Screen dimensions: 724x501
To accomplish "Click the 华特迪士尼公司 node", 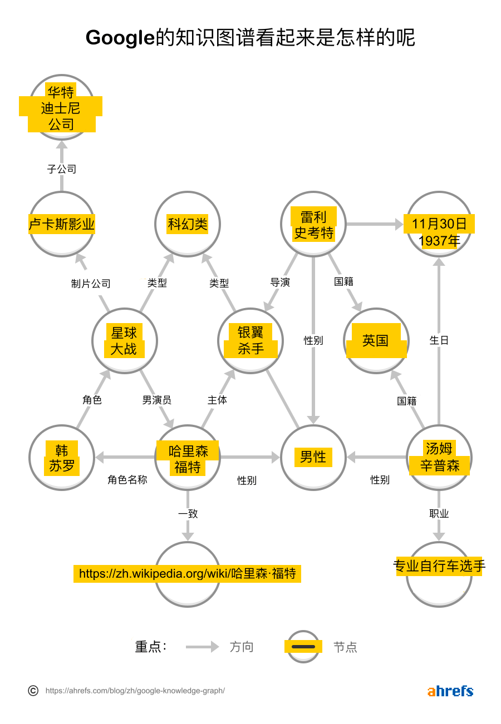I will [x=61, y=107].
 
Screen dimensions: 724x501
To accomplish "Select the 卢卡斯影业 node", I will [x=61, y=224].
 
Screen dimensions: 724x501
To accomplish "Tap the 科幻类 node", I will [x=188, y=224].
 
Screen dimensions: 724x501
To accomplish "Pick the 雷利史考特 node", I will [x=313, y=224].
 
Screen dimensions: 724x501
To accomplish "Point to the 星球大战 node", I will [x=124, y=340].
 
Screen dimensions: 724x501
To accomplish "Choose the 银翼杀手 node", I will [x=250, y=340].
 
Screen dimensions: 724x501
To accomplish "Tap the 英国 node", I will [x=376, y=340].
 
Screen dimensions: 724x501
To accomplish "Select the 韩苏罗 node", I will [x=61, y=457].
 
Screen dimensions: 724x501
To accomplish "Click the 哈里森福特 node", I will [x=188, y=457].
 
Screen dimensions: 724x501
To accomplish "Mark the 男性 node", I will [x=313, y=457].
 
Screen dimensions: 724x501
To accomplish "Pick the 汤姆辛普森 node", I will [x=439, y=457].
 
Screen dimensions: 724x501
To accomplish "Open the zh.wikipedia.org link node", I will [x=188, y=574].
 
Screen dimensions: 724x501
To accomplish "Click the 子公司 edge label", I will [x=61, y=169].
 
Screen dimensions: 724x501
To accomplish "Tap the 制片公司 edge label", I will [x=91, y=284].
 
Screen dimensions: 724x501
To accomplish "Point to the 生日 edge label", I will [x=439, y=340].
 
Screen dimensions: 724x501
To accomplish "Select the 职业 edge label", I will [x=439, y=514].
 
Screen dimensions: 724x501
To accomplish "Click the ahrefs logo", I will [x=450, y=691].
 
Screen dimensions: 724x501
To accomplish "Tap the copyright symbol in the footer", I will [x=33, y=691].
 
